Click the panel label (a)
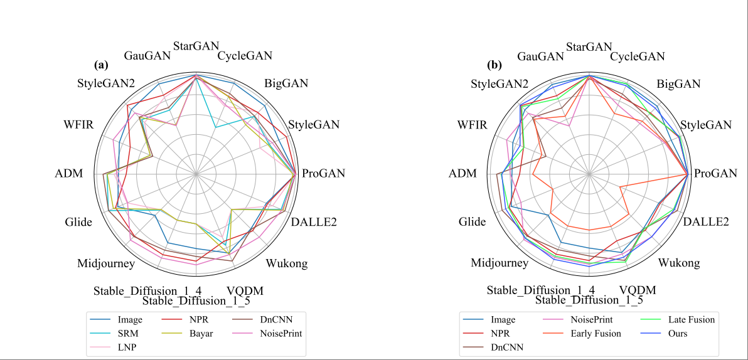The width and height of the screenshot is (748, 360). pyautogui.click(x=101, y=65)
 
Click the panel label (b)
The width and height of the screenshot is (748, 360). pyautogui.click(x=494, y=65)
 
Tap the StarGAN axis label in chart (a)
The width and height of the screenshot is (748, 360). pyautogui.click(x=196, y=46)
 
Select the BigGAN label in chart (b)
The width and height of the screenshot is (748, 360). pyautogui.click(x=678, y=84)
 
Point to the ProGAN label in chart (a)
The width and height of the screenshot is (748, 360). pyautogui.click(x=323, y=174)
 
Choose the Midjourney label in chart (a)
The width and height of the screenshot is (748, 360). pyautogui.click(x=106, y=263)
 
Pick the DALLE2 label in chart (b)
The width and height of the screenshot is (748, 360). pyautogui.click(x=706, y=222)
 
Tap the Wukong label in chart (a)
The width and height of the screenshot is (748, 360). pyautogui.click(x=287, y=263)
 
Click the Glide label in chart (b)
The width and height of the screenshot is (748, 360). pyautogui.click(x=472, y=222)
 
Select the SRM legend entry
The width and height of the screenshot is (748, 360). pyautogui.click(x=129, y=334)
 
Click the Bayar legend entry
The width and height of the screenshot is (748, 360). pyautogui.click(x=201, y=334)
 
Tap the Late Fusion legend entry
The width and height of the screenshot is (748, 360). pyautogui.click(x=691, y=320)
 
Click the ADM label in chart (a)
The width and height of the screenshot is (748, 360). pyautogui.click(x=69, y=174)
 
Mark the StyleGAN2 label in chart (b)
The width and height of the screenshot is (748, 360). pyautogui.click(x=500, y=84)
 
